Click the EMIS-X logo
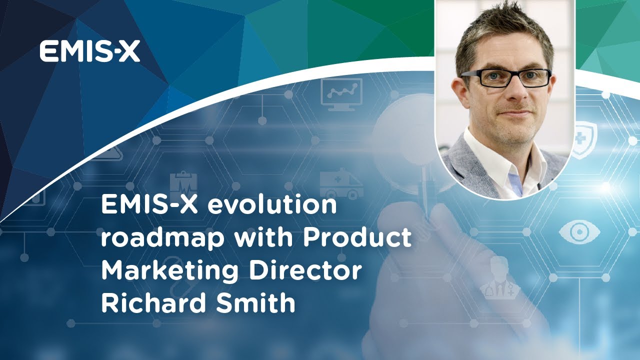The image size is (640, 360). point(90,52)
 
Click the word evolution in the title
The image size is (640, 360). point(272,205)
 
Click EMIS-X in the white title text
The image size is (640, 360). point(149,205)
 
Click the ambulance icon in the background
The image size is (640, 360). point(341,183)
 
